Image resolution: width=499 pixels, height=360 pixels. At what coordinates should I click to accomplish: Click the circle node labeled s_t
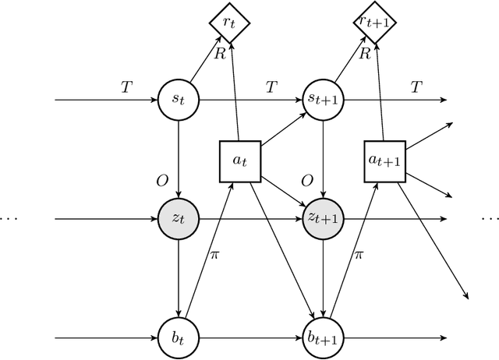pyautogui.click(x=179, y=101)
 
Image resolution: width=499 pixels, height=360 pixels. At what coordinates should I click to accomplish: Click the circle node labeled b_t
pyautogui.click(x=179, y=338)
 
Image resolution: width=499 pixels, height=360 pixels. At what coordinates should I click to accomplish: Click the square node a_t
pyautogui.click(x=239, y=161)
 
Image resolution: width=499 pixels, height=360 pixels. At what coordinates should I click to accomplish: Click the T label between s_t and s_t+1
pyautogui.click(x=271, y=87)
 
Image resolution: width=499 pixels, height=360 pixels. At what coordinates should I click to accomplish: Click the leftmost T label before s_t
pyautogui.click(x=126, y=87)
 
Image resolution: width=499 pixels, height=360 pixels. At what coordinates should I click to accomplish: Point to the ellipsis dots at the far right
pyautogui.click(x=490, y=220)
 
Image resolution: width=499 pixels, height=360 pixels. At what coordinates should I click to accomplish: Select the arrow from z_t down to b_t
pyautogui.click(x=179, y=277)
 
